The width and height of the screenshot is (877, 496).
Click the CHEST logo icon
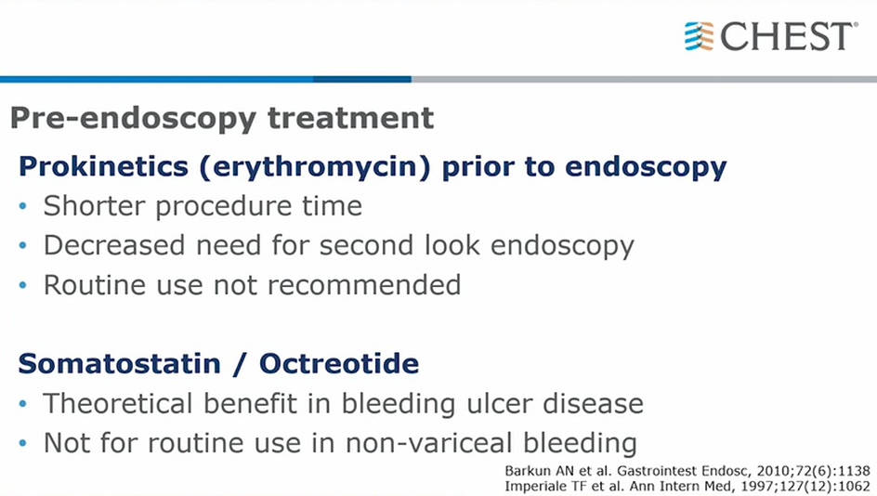tap(700, 36)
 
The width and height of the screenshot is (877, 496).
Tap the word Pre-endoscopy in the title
tap(133, 119)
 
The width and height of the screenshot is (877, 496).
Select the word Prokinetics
tap(103, 166)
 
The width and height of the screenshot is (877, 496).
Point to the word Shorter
tap(95, 206)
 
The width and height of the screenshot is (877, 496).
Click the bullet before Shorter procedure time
tap(23, 206)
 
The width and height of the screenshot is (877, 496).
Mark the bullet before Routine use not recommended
tap(23, 285)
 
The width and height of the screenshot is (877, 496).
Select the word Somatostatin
tap(120, 364)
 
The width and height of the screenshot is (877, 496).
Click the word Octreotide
tap(339, 364)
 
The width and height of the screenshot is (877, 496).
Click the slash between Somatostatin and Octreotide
tap(240, 364)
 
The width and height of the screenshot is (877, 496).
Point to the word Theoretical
tap(119, 403)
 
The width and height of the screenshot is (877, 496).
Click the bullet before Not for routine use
tap(23, 443)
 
